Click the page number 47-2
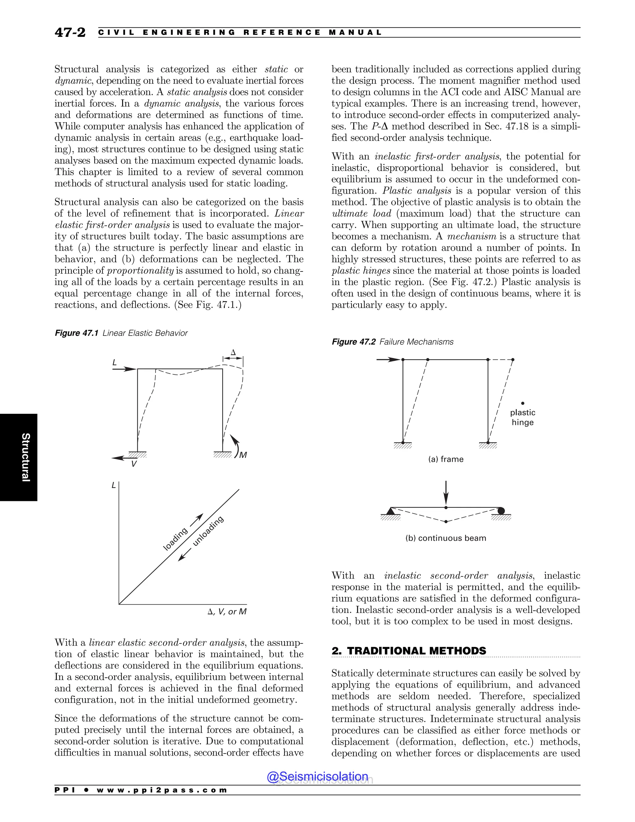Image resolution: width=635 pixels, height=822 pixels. [70, 32]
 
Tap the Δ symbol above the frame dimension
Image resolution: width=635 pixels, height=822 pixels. [233, 353]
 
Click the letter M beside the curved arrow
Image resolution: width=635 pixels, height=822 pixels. [243, 455]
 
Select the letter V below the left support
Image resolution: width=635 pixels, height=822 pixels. [134, 464]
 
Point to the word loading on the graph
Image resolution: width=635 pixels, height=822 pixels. [175, 539]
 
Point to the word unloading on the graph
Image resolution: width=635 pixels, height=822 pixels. [208, 531]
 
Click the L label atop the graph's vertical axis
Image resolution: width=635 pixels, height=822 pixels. [113, 485]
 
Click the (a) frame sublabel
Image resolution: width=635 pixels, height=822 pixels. [446, 459]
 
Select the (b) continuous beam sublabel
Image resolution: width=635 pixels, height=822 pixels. [446, 538]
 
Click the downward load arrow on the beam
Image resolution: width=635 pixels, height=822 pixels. [446, 493]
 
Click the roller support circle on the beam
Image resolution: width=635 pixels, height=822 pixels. [501, 511]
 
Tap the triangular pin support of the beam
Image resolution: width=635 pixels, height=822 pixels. [390, 511]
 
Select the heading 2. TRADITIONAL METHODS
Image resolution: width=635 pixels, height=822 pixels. [409, 651]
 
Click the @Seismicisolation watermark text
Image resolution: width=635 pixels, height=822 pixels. [317, 776]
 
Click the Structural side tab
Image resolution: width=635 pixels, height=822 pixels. [25, 457]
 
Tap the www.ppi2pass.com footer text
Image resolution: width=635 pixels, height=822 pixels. [162, 790]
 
